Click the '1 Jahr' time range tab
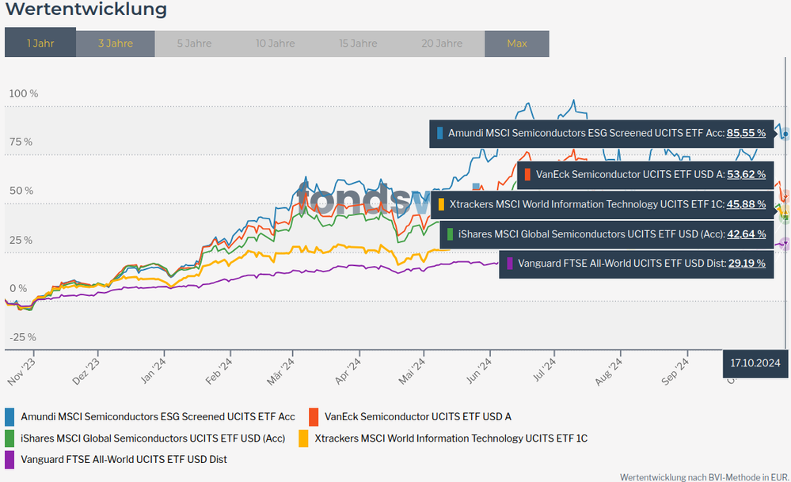coord(40,44)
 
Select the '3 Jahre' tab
coord(116,44)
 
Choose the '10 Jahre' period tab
coord(275,44)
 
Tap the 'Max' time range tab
coord(516,44)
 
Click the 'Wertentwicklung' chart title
coord(86,10)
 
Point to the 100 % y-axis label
coord(23,93)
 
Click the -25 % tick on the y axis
coord(22,337)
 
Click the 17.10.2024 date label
coord(755,364)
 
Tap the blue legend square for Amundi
coord(10,416)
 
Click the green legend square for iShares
coord(10,438)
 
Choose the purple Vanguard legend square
coord(10,459)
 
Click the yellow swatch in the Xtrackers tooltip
coord(441,204)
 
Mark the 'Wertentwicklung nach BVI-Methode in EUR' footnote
coord(704,476)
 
